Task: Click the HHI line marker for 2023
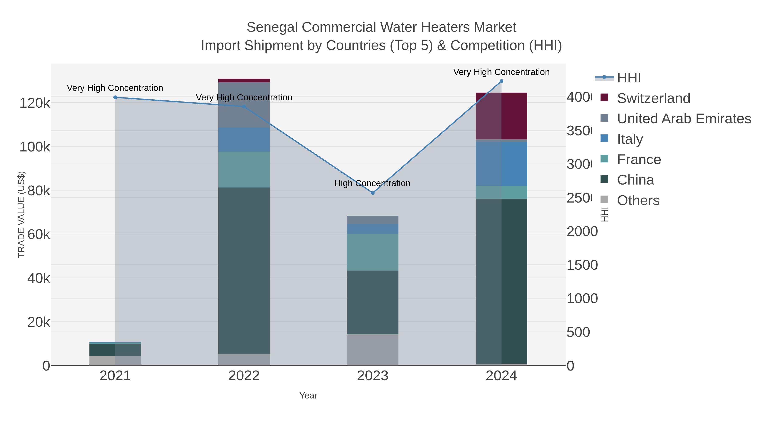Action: (373, 193)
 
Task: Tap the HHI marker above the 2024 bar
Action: (501, 81)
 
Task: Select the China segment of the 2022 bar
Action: (244, 271)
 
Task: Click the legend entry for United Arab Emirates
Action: (684, 118)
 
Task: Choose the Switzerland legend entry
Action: (653, 98)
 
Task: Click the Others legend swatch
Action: (604, 200)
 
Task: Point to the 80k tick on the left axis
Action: (39, 191)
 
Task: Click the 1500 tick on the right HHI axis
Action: (582, 265)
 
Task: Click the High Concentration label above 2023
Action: (372, 183)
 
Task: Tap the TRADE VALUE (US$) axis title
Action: (21, 214)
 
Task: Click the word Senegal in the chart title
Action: (272, 27)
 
